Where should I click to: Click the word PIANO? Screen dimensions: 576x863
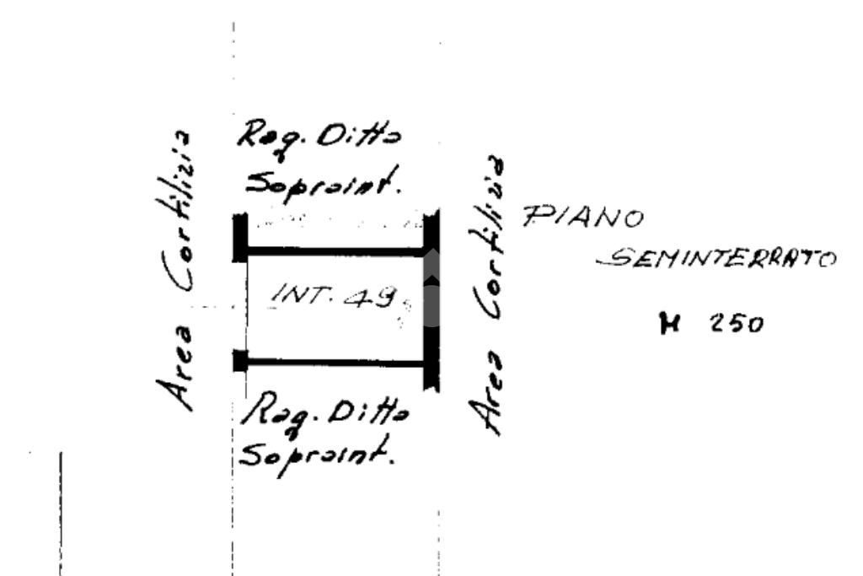click(x=584, y=218)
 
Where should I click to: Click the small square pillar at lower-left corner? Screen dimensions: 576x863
click(x=240, y=361)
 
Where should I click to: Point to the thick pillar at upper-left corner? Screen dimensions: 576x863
click(x=240, y=238)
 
